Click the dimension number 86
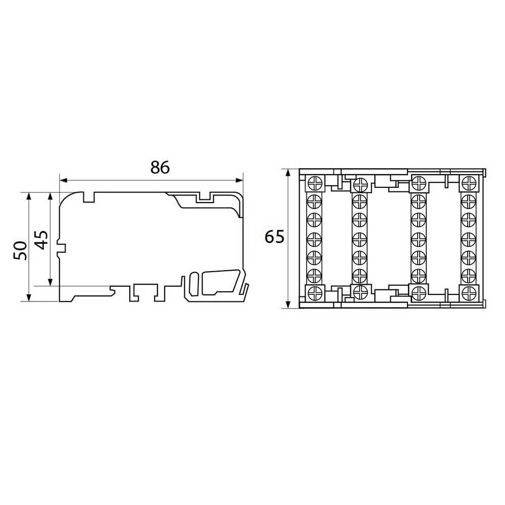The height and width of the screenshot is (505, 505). click(160, 168)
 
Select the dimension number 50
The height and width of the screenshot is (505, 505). click(20, 250)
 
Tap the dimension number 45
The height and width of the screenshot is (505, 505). click(41, 240)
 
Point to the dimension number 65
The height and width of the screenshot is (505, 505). click(274, 237)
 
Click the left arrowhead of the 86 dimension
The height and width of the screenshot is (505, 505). click(64, 180)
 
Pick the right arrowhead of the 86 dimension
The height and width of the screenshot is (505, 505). click(239, 180)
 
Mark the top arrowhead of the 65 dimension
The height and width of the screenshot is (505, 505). click(288, 173)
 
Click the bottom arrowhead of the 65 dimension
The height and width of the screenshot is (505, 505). click(288, 305)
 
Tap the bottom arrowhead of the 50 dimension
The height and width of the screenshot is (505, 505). click(29, 297)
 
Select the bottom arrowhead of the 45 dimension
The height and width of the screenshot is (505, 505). click(50, 282)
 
